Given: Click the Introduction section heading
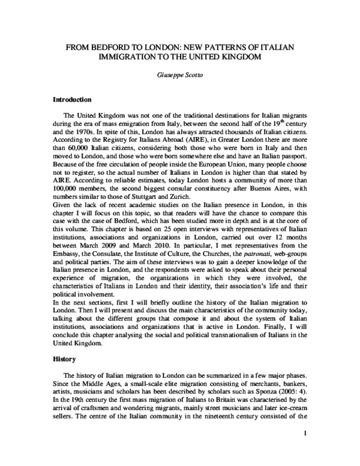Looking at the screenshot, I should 72,99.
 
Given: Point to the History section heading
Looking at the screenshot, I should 64,359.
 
